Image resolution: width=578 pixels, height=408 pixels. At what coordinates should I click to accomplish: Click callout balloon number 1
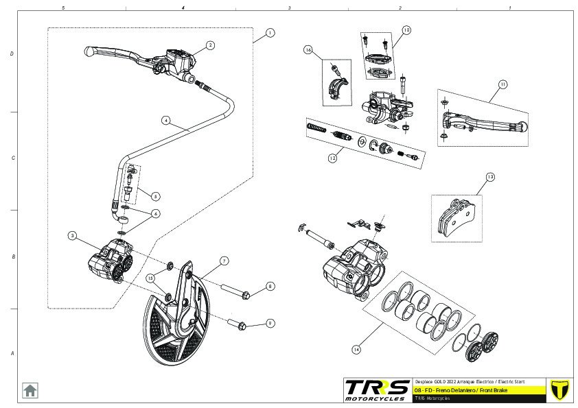click(x=270, y=32)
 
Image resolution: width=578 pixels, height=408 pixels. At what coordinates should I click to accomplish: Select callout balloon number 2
click(x=210, y=45)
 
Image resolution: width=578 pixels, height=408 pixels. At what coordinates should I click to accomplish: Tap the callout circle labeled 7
click(x=224, y=261)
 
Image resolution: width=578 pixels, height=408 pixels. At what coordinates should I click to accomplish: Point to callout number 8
click(x=270, y=286)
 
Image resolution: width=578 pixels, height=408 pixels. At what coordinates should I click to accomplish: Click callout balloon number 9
click(x=270, y=323)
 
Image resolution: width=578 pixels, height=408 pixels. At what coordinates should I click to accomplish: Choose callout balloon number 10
click(x=406, y=30)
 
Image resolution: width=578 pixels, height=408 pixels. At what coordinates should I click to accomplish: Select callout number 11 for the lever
click(x=502, y=84)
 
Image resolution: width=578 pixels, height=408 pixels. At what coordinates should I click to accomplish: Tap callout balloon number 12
click(x=332, y=157)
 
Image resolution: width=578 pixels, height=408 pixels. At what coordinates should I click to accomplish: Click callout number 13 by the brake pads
click(x=489, y=177)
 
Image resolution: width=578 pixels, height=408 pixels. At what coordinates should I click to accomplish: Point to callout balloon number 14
click(x=356, y=349)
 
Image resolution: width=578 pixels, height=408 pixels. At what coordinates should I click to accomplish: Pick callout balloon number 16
click(x=308, y=50)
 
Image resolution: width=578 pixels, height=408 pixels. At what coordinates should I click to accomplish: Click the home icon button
click(x=30, y=390)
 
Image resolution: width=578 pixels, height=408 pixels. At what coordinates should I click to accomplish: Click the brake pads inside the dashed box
click(x=456, y=217)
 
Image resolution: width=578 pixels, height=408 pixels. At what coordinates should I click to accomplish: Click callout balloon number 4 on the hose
click(x=165, y=119)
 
